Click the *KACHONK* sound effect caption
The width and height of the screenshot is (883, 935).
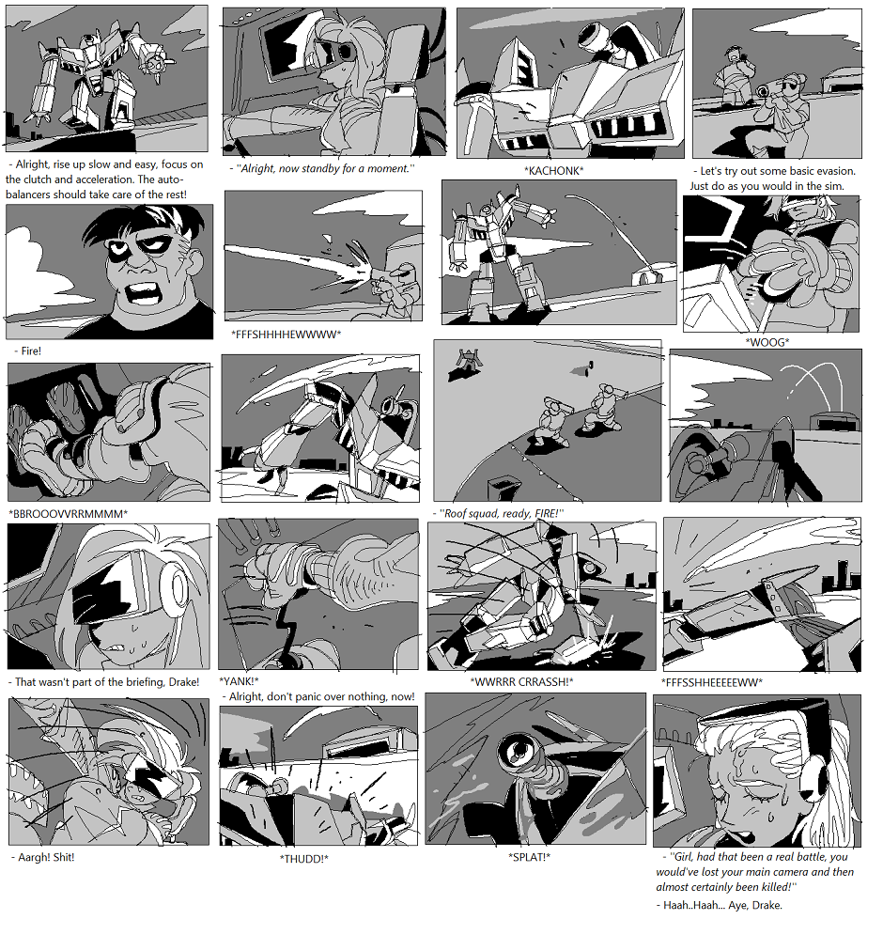(553, 171)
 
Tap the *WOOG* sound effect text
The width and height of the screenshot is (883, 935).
(767, 342)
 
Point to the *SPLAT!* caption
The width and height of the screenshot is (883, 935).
(529, 858)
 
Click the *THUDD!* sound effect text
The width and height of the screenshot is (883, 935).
(304, 859)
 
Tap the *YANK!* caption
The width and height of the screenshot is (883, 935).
(239, 681)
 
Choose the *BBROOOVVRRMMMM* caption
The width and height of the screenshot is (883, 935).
(68, 514)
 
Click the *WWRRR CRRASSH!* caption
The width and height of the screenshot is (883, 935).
(521, 681)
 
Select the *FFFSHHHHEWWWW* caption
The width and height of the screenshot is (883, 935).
(286, 335)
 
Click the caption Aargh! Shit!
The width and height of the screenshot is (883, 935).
(43, 858)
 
